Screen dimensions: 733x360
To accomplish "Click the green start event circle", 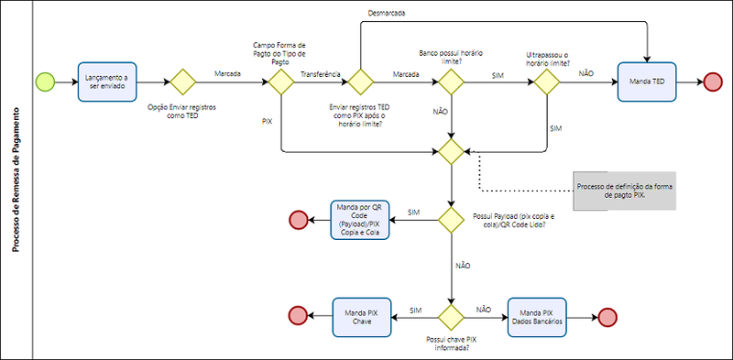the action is [45, 82].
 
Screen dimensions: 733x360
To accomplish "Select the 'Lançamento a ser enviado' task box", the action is [107, 82].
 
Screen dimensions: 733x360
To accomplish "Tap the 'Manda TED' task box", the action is [647, 82].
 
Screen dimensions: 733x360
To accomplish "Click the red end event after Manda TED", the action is [713, 82].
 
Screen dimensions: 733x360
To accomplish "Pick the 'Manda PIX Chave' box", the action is [361, 317].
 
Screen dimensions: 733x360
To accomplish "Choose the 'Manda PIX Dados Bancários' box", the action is [537, 317].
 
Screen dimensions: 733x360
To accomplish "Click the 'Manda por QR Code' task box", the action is [360, 220].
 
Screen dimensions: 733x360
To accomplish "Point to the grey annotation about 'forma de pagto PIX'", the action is [625, 191].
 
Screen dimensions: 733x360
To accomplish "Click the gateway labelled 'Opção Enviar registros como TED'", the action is [182, 82].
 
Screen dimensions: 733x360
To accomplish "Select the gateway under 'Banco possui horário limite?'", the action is [451, 82].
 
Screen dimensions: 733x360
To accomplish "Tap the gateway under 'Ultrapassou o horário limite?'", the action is [547, 82].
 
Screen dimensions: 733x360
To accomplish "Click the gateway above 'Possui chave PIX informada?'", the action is [451, 317].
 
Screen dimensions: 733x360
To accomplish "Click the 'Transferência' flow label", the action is [321, 74].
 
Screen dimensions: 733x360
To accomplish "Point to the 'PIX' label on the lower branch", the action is [268, 121].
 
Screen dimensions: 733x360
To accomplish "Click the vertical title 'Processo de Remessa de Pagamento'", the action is [16, 180].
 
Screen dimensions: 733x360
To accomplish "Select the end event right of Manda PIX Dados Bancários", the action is [607, 317].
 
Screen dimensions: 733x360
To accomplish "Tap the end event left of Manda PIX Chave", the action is [299, 317].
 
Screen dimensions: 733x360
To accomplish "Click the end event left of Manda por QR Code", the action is [299, 220].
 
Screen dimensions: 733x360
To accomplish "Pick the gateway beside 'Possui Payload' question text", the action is [451, 220].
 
